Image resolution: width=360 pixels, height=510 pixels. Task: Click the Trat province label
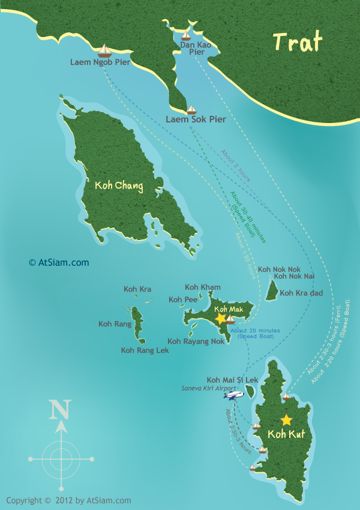[298, 42]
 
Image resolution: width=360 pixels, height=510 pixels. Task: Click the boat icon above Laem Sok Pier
[192, 109]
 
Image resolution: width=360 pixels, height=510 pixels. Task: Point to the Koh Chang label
[119, 186]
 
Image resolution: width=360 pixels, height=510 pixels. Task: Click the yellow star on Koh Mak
[221, 317]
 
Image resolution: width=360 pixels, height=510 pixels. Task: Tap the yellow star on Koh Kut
[286, 419]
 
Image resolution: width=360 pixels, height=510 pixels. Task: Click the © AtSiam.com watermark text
[59, 262]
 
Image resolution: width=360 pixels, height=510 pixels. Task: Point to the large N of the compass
[60, 410]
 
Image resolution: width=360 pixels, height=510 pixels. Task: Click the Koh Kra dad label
[301, 293]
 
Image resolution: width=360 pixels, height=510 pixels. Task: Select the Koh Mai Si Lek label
[232, 380]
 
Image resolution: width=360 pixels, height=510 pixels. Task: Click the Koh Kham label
[203, 287]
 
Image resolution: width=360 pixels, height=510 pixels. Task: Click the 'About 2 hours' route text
[236, 166]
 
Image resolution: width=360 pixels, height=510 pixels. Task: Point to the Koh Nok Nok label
[279, 270]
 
